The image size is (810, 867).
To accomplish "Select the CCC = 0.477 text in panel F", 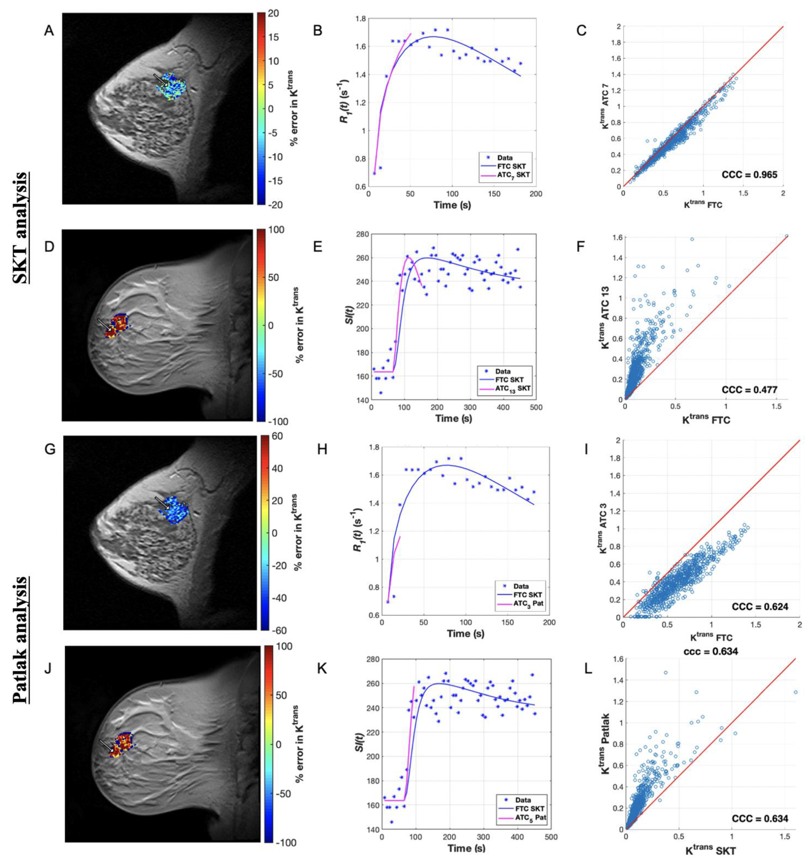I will coord(749,389).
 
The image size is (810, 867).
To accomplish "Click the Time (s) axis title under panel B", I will coord(452,205).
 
